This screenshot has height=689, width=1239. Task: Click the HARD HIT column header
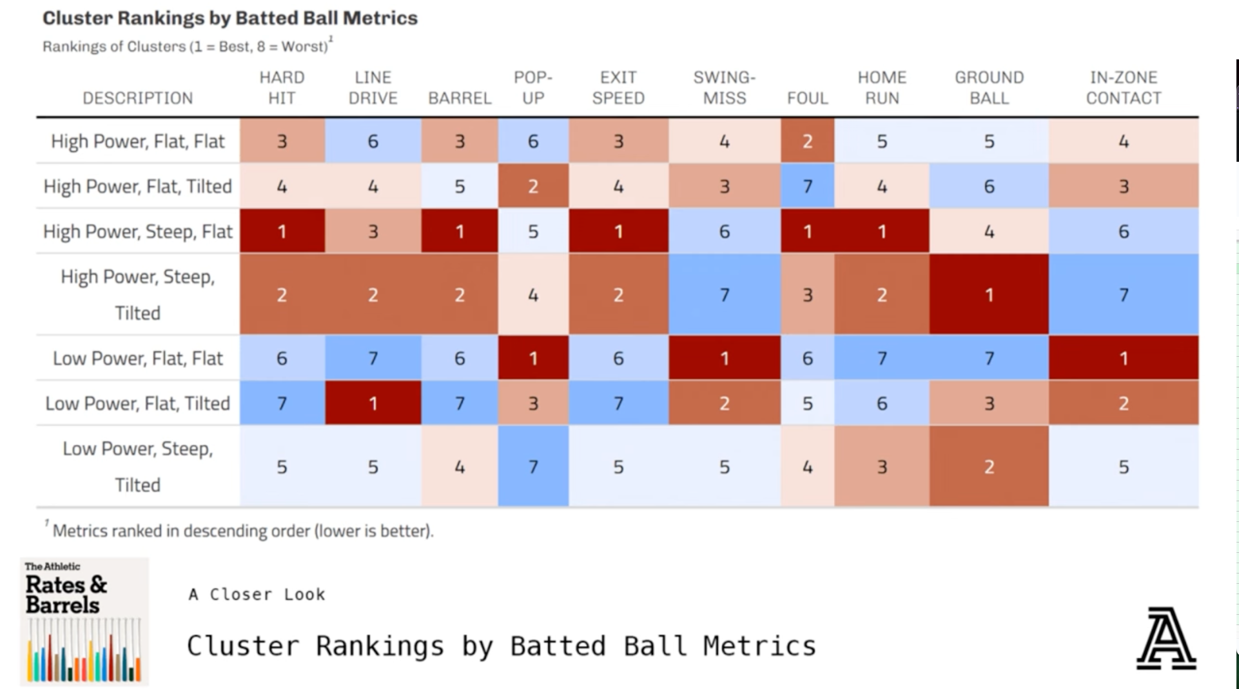[x=282, y=88]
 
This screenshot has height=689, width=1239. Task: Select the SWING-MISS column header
[x=724, y=88]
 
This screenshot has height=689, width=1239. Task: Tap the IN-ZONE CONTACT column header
[x=1123, y=88]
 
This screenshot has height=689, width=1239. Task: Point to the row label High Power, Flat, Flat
[x=137, y=141]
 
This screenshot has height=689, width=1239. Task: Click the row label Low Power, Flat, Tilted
[x=137, y=403]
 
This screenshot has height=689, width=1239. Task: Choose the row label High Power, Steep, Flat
[x=137, y=231]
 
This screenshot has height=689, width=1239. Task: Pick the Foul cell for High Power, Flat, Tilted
[x=807, y=186]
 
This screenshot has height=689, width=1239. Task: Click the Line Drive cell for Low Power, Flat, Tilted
[x=373, y=403]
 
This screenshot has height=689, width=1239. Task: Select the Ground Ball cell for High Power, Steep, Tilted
[x=989, y=295]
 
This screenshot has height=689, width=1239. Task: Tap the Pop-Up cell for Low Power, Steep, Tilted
[x=533, y=466]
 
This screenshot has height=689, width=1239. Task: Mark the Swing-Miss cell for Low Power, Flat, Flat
[x=724, y=358]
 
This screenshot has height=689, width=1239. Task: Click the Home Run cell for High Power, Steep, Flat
[x=881, y=231]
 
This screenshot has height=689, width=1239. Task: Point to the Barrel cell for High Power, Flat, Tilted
[x=459, y=186]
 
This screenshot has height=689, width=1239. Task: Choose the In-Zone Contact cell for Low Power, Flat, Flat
[x=1123, y=358]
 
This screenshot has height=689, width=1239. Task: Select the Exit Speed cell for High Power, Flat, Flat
[x=618, y=141]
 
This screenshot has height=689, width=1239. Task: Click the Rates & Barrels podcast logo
[x=84, y=621]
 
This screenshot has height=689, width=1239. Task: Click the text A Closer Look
[x=257, y=594]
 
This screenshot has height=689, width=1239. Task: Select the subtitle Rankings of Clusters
[x=187, y=46]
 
